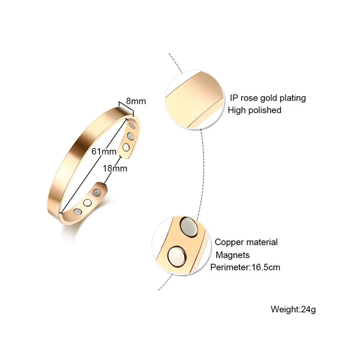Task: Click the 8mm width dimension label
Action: [x=135, y=101]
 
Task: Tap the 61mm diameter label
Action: [x=102, y=151]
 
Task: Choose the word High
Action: [x=237, y=110]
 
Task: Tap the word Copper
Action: [x=230, y=242]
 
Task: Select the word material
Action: [x=263, y=242]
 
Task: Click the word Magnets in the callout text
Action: [x=233, y=255]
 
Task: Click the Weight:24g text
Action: [x=290, y=309]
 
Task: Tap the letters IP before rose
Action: [x=234, y=98]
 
